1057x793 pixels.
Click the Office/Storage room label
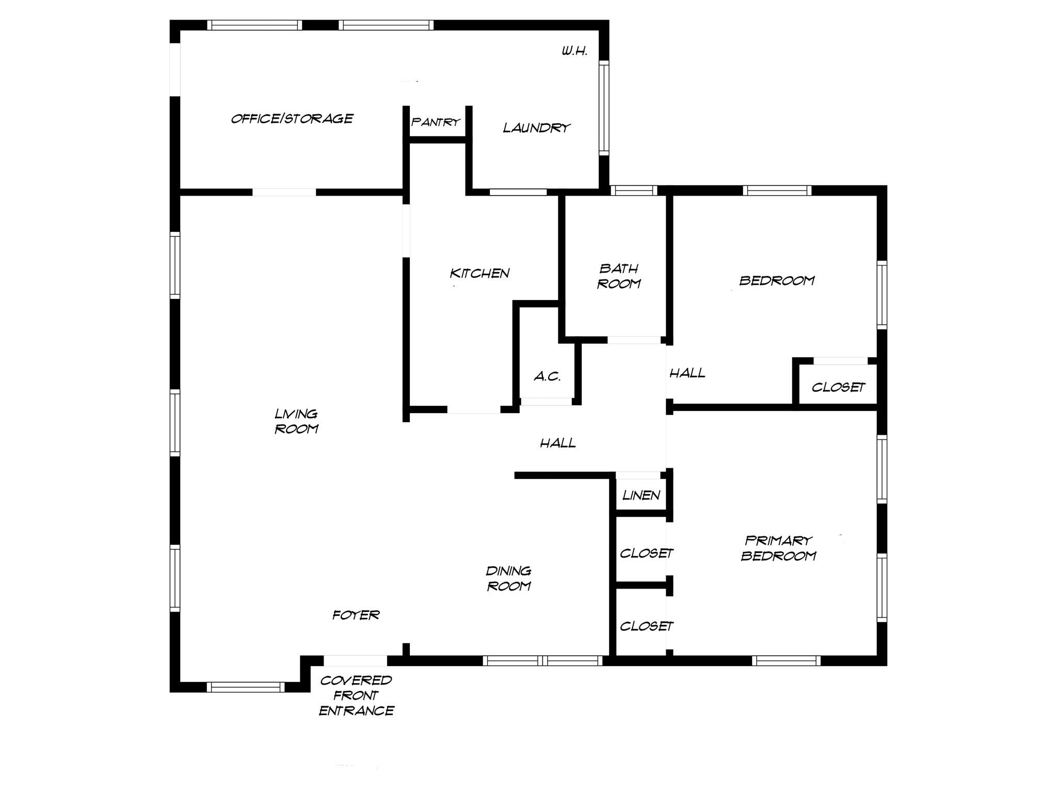pos(292,119)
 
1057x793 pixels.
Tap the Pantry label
pos(436,122)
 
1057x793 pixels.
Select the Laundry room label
pos(537,128)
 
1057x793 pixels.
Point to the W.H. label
pos(574,51)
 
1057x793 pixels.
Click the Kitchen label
pos(479,273)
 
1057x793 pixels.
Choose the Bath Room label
pos(619,276)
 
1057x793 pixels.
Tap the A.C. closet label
pos(547,376)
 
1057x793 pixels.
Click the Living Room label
pos(296,421)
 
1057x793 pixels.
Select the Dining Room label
pos(509,578)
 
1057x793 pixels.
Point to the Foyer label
pos(356,615)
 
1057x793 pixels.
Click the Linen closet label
pos(641,496)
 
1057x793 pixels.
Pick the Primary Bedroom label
pos(778,548)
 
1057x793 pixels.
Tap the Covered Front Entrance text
pos(356,695)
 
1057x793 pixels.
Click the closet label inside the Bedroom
pos(838,387)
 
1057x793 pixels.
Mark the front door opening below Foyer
pos(355,660)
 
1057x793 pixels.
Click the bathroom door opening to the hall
pos(634,340)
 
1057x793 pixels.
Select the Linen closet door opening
pos(638,475)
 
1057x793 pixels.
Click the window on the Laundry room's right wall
pos(604,107)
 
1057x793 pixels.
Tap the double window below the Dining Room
pos(542,660)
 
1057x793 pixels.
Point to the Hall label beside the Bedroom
pos(687,373)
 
